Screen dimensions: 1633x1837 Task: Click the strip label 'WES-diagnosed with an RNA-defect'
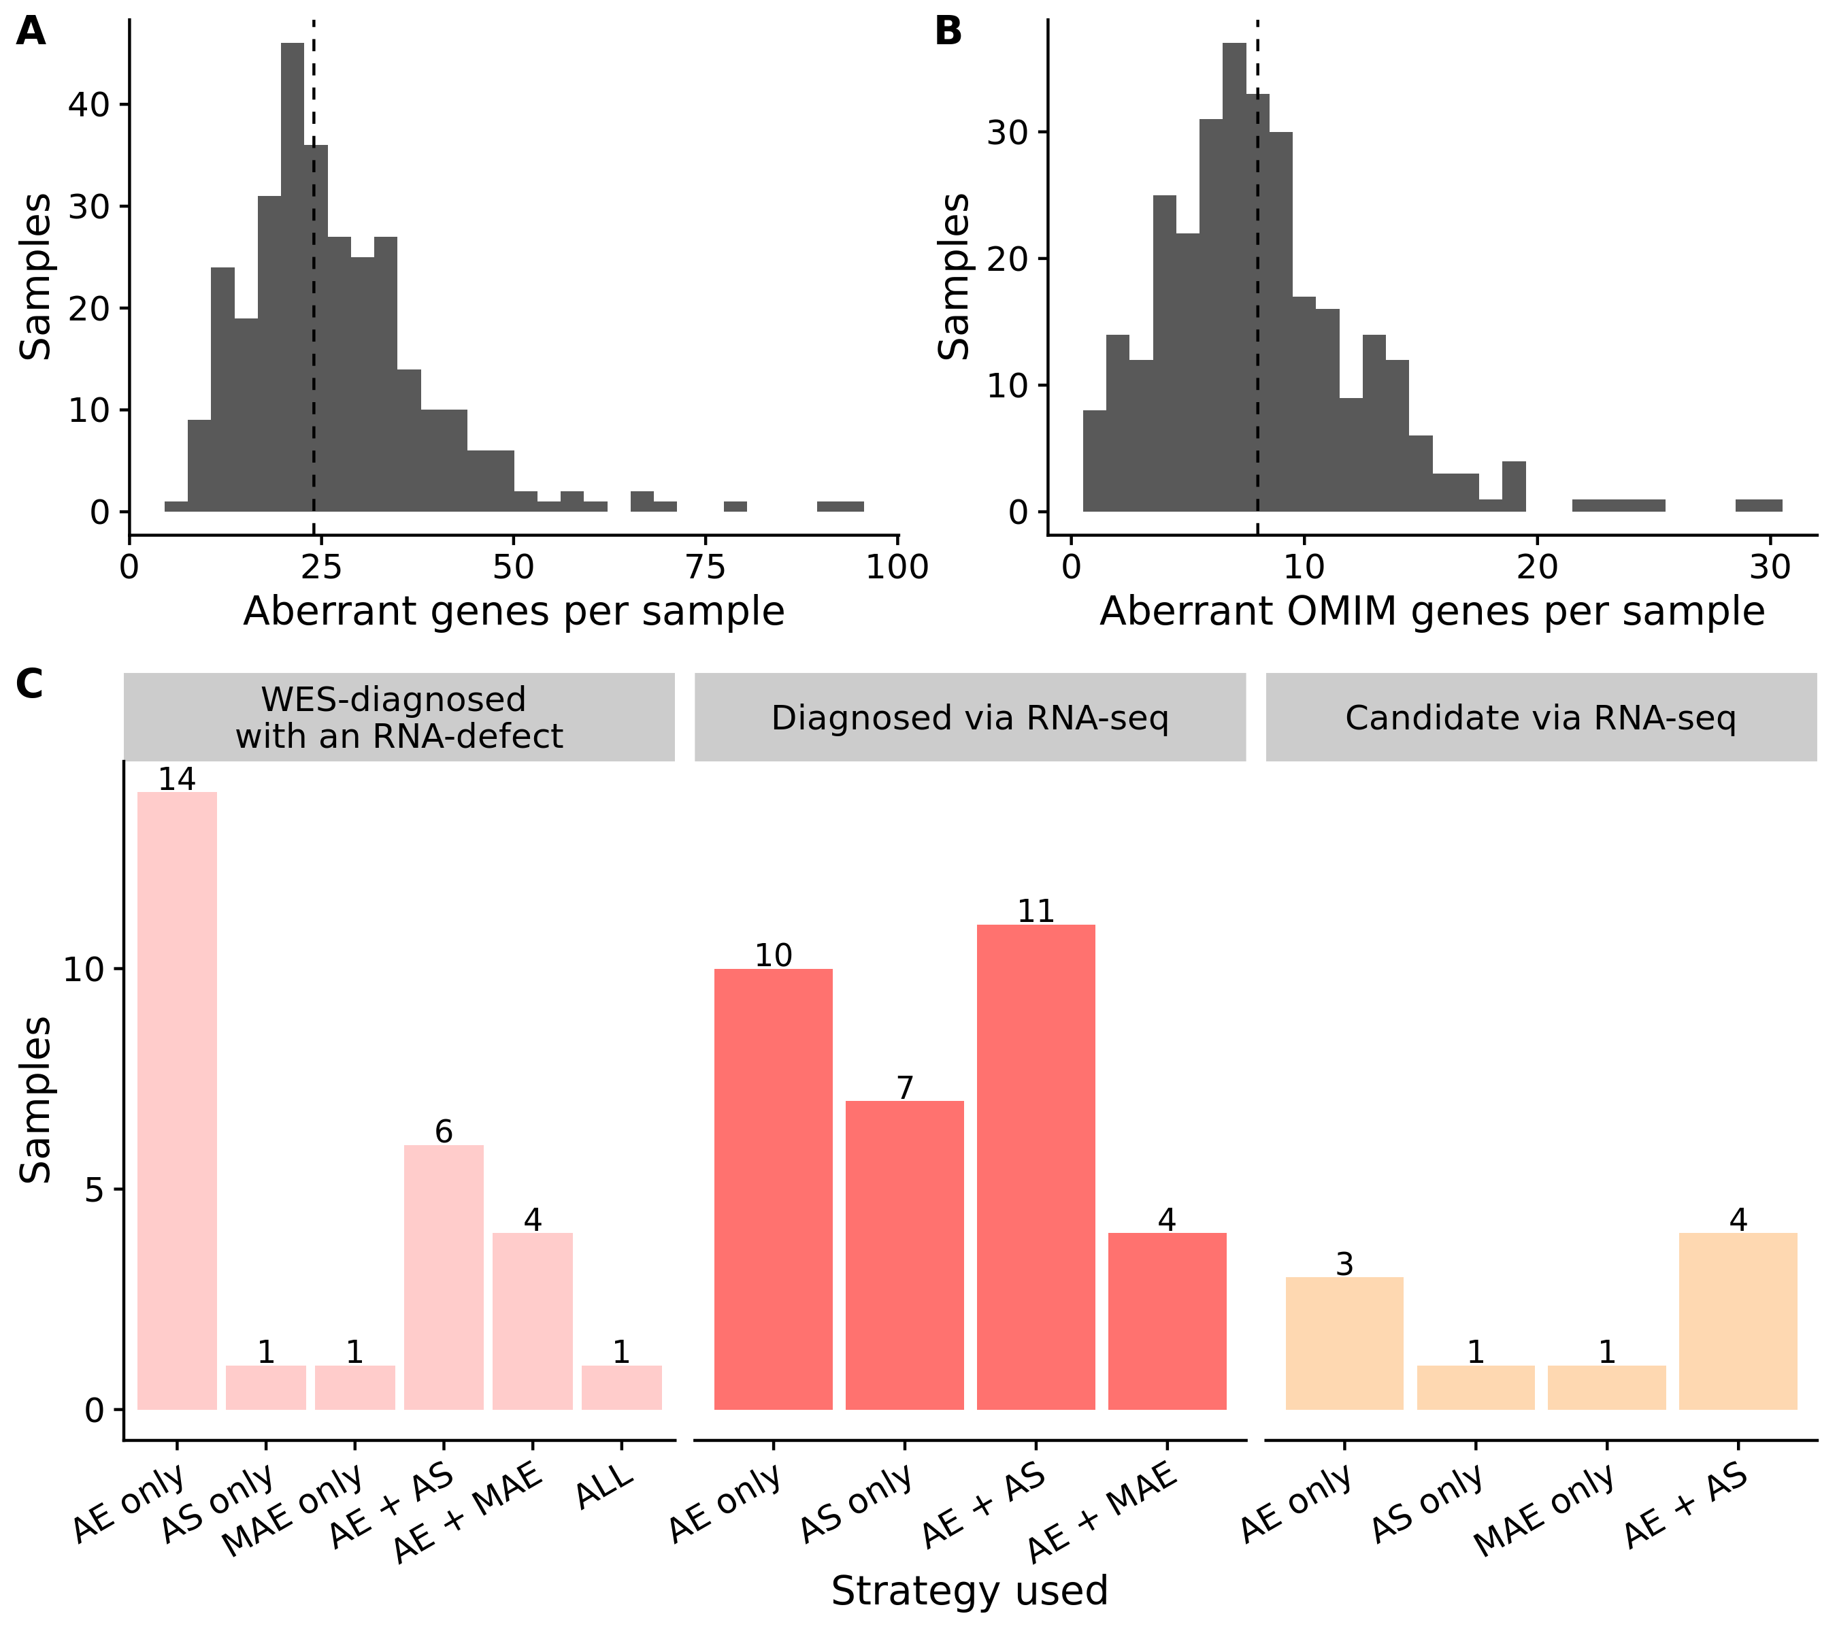399,717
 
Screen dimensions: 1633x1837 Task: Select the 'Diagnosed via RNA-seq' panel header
970,717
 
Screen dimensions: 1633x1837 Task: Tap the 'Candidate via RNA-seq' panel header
1540,717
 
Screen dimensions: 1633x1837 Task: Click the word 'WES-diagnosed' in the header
394,699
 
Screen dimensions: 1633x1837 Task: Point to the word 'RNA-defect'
467,736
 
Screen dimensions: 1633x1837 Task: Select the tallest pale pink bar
177,1100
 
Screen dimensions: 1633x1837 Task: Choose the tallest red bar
1036,1166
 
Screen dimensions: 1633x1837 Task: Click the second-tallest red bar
773,1188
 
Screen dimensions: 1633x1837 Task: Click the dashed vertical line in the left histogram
314,333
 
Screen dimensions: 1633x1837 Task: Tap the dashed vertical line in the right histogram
1257,306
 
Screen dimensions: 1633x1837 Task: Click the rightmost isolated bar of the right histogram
1759,505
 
